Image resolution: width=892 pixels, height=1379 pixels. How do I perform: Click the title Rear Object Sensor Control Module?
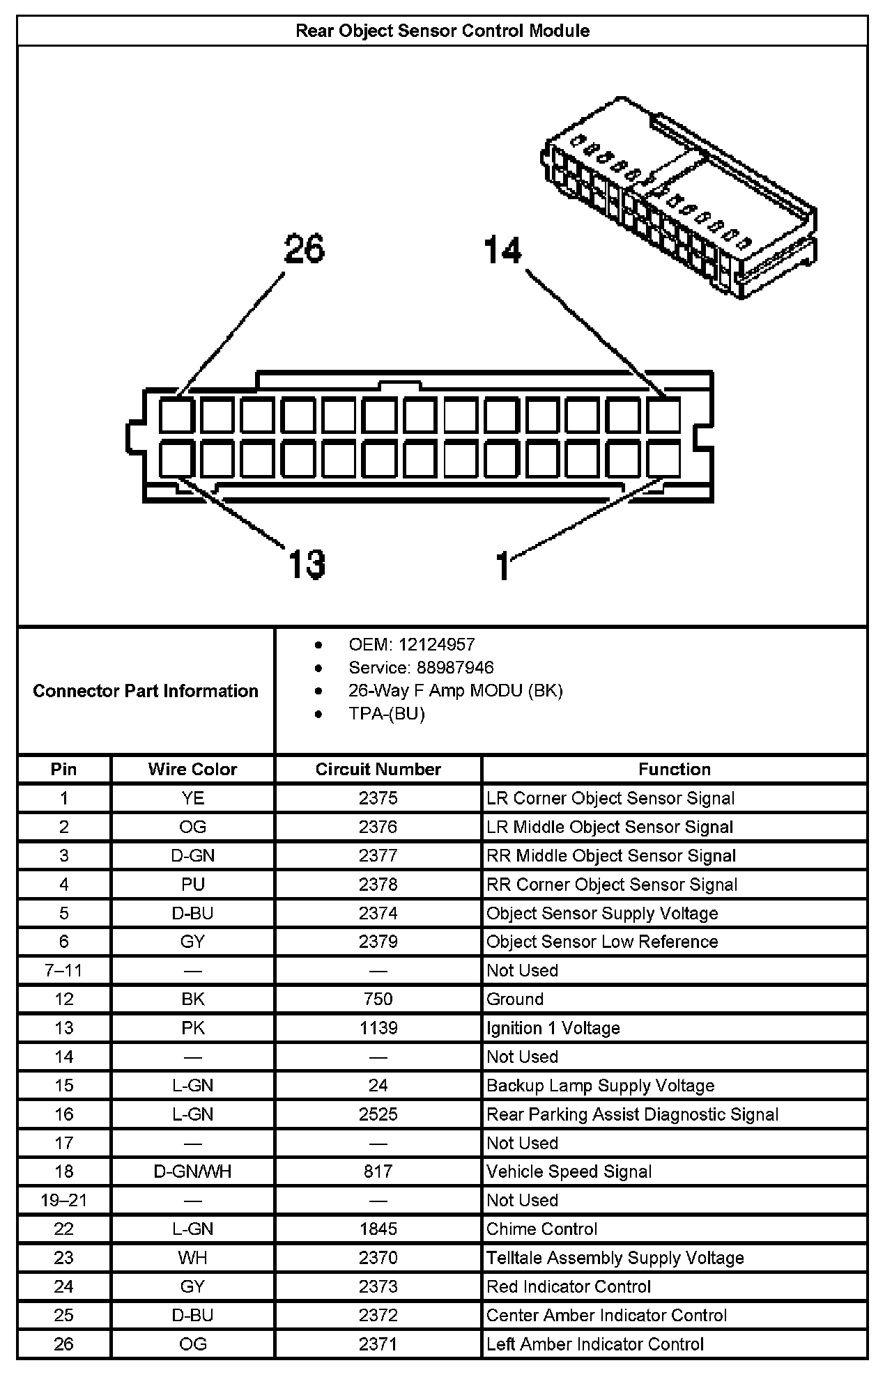click(443, 31)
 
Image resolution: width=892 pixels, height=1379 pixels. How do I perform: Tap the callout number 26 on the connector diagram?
click(305, 249)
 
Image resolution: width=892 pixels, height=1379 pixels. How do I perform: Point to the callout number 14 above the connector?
click(502, 250)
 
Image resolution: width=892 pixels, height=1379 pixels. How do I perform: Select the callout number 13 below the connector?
click(307, 564)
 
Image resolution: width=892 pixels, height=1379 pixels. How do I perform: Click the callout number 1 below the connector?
click(503, 566)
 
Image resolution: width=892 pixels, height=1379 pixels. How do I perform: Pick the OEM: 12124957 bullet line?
click(412, 644)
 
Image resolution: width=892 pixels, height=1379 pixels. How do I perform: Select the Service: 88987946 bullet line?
click(421, 667)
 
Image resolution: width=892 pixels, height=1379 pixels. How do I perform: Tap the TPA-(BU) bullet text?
click(387, 713)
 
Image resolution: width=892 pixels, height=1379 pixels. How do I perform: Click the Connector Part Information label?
click(146, 691)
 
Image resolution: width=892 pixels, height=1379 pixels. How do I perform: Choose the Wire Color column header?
click(192, 769)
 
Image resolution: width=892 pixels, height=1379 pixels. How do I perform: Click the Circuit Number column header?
click(378, 769)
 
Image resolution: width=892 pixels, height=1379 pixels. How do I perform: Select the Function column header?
click(674, 769)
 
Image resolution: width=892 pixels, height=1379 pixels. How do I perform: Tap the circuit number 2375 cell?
click(378, 798)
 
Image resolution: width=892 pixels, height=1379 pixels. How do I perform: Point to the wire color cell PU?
click(192, 885)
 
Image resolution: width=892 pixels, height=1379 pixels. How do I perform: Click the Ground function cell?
click(515, 999)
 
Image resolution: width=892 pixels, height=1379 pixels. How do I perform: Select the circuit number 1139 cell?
click(378, 1028)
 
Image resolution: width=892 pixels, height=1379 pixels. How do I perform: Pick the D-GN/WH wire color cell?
click(192, 1171)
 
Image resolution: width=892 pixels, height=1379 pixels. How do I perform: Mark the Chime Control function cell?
click(541, 1229)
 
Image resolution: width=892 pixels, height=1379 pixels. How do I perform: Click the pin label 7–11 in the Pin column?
click(63, 970)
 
